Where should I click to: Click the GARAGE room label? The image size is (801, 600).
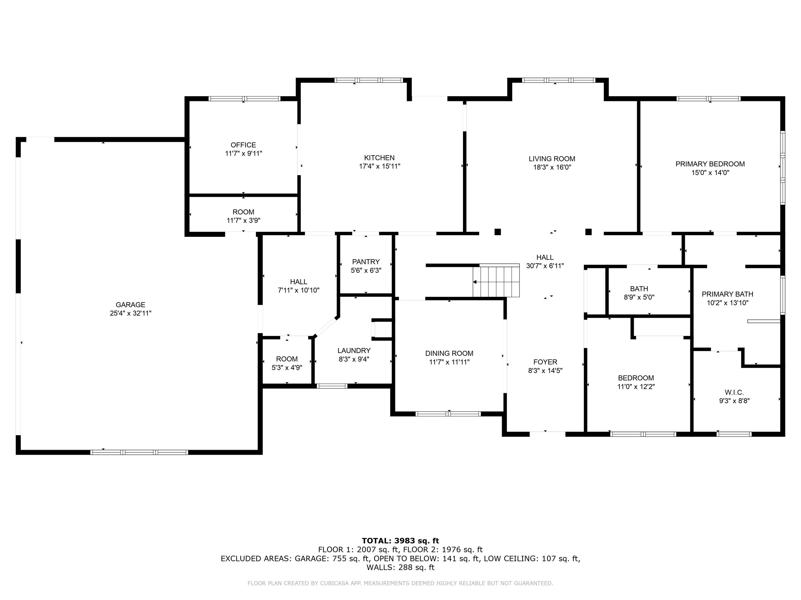point(130,305)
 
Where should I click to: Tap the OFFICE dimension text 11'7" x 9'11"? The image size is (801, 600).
point(243,153)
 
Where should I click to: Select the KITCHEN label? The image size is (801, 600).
point(379,158)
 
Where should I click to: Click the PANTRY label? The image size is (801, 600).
point(366,262)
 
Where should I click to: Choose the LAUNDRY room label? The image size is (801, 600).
point(354,350)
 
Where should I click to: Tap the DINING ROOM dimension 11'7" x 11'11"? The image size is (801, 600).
point(449,362)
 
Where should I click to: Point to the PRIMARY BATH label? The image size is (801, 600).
point(727,294)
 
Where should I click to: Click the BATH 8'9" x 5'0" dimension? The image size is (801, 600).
point(639,297)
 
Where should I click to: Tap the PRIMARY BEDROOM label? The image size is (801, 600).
point(710,164)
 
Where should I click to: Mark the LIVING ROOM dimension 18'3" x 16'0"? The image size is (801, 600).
point(552,167)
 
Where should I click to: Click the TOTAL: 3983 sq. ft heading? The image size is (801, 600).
point(400,541)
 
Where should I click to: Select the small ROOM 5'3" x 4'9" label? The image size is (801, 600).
point(287,359)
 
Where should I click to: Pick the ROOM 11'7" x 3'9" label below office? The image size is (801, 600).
point(243,212)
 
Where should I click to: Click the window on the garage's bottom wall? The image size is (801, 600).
point(139,452)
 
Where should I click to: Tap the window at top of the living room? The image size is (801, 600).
point(558,80)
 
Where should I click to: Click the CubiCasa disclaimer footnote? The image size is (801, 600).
point(400,583)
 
